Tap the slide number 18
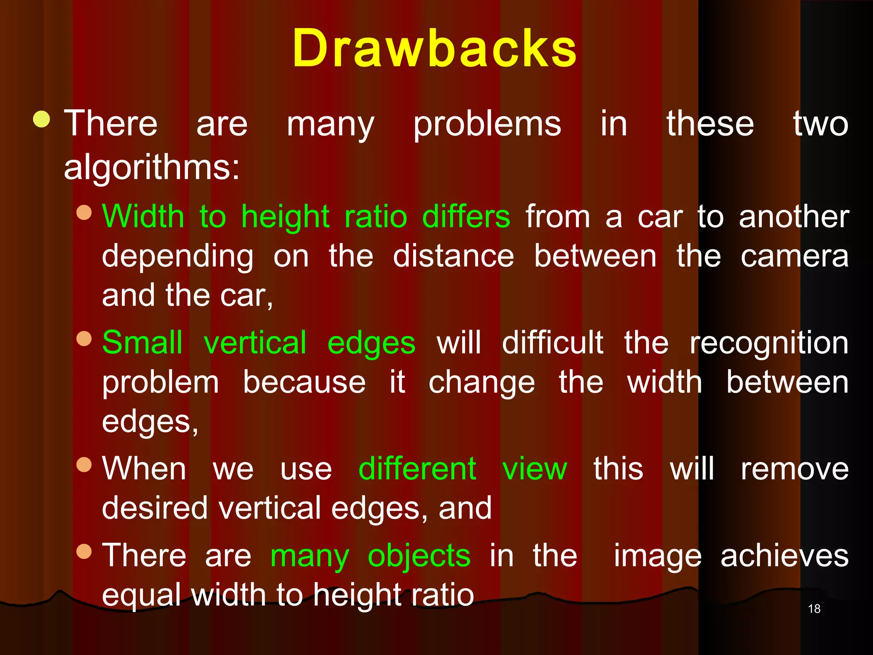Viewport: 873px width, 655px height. click(x=814, y=609)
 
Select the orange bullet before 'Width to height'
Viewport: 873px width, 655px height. click(x=84, y=212)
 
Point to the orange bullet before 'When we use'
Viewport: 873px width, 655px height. click(x=84, y=464)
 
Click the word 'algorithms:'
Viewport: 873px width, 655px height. click(x=152, y=167)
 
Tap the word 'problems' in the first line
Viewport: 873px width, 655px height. click(x=487, y=125)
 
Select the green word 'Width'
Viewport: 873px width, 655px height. click(x=143, y=217)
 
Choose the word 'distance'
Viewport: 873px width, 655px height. click(x=454, y=256)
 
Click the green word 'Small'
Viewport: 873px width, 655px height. click(x=142, y=342)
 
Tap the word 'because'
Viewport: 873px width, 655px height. click(x=304, y=382)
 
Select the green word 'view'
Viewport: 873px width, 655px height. click(x=535, y=469)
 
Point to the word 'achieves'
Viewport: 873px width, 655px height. click(x=784, y=556)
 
